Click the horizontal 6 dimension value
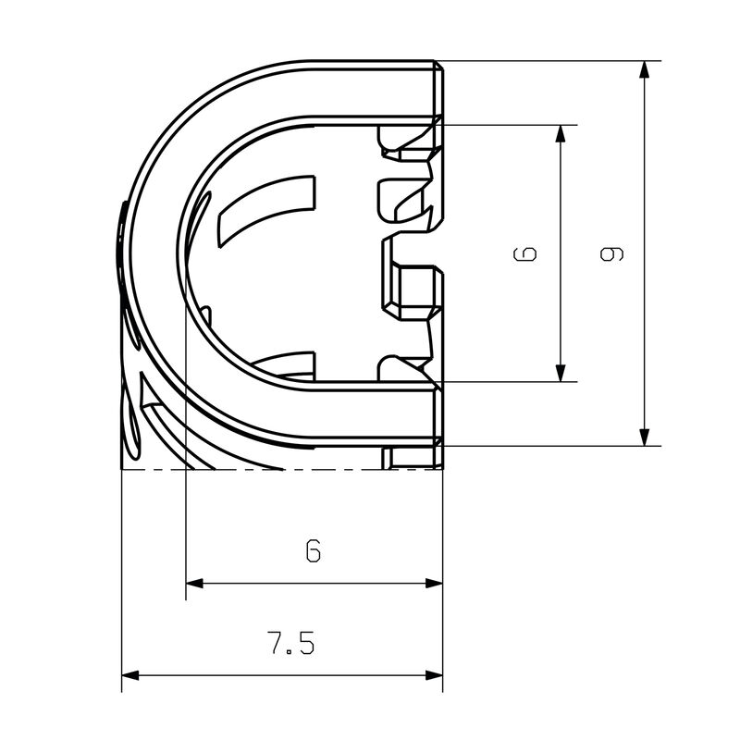(x=314, y=551)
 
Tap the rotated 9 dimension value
(x=610, y=253)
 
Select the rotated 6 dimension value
(x=524, y=253)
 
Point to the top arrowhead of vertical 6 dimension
(x=561, y=134)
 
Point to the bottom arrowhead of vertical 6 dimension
(x=561, y=372)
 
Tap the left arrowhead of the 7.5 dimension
(x=130, y=675)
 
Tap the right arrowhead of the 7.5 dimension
(x=435, y=675)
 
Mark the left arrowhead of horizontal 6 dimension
(x=194, y=583)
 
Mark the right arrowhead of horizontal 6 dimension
(x=435, y=583)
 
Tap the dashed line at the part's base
(x=277, y=470)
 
